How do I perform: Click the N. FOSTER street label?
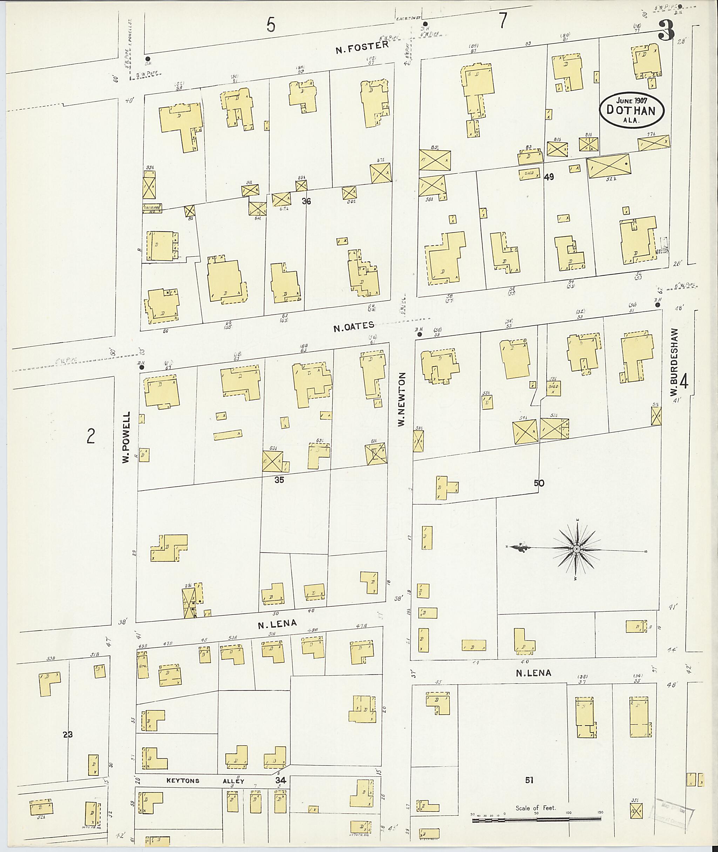tap(362, 48)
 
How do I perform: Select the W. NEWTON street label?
tap(402, 399)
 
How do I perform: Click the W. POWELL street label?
tap(126, 437)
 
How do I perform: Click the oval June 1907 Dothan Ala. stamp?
tap(631, 110)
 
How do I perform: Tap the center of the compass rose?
tap(576, 549)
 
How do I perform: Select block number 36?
tap(306, 201)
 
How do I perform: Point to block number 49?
tap(549, 177)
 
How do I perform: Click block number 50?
tap(539, 483)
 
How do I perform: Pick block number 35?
tap(279, 480)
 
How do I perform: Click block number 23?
tap(68, 734)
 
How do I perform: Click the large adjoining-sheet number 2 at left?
tap(91, 437)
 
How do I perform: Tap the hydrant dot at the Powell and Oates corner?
tap(142, 367)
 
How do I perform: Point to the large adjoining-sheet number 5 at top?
tap(271, 25)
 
